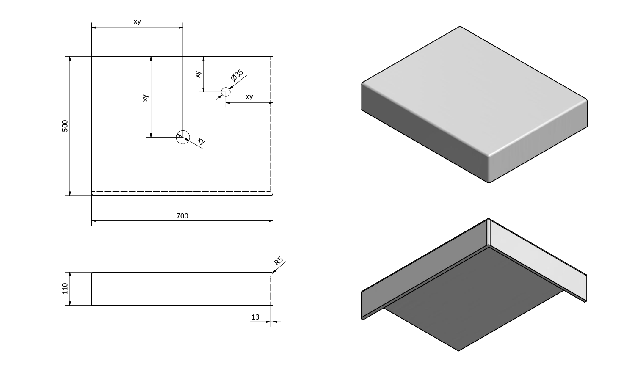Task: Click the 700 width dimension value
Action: [182, 216]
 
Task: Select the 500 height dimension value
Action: [65, 126]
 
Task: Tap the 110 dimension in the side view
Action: [65, 289]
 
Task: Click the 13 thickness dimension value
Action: [255, 317]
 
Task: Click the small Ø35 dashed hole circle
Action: [226, 92]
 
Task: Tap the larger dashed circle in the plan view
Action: [183, 137]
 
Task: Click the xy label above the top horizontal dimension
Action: [137, 22]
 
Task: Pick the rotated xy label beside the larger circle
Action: [201, 141]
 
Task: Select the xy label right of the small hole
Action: [249, 97]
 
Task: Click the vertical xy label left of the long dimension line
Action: [145, 98]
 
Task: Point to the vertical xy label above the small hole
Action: [198, 74]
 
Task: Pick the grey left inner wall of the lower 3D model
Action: [423, 271]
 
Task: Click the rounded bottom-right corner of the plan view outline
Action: [272, 194]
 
